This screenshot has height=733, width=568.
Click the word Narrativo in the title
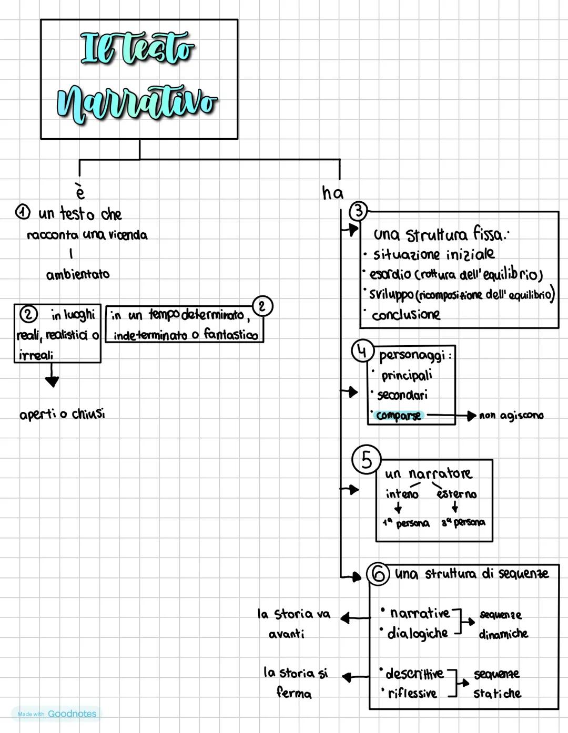click(x=138, y=104)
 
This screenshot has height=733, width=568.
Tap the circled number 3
click(x=359, y=211)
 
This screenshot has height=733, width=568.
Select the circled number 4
click(x=362, y=352)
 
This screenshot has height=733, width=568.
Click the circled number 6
click(x=378, y=574)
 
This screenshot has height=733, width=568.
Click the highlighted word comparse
click(x=399, y=416)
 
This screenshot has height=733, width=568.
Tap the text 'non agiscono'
click(x=511, y=416)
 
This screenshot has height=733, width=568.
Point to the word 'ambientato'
click(x=78, y=274)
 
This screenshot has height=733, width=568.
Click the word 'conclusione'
click(x=405, y=315)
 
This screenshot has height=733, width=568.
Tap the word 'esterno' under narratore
click(x=456, y=494)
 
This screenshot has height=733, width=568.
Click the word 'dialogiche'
click(x=417, y=634)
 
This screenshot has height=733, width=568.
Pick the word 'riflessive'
click(x=412, y=694)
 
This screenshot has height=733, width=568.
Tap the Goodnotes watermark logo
click(x=57, y=714)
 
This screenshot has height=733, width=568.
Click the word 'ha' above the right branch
click(x=332, y=193)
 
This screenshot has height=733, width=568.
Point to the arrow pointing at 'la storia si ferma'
click(x=356, y=677)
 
